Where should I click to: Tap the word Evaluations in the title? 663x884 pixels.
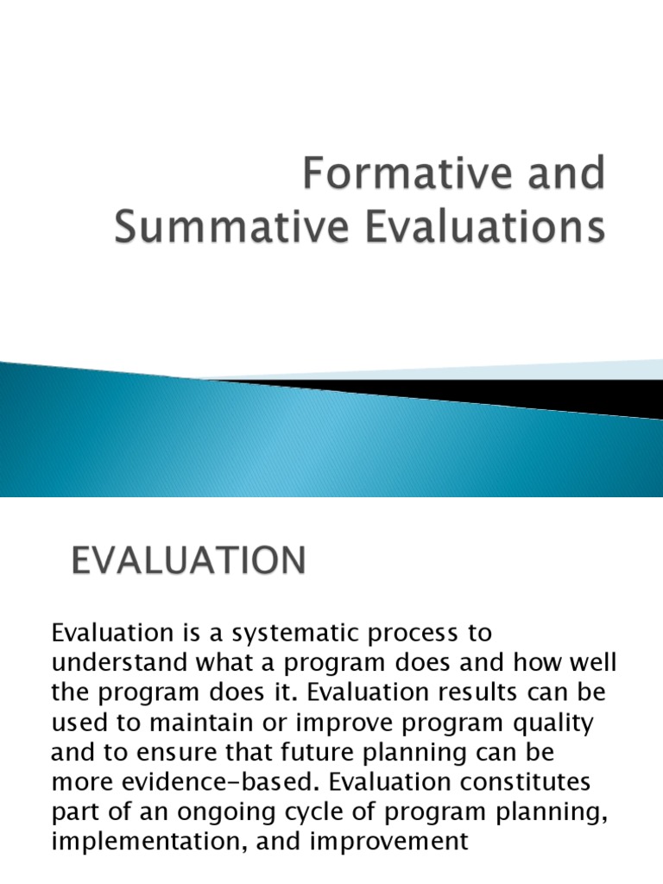(x=464, y=230)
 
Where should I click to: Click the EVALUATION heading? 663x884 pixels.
(x=187, y=562)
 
